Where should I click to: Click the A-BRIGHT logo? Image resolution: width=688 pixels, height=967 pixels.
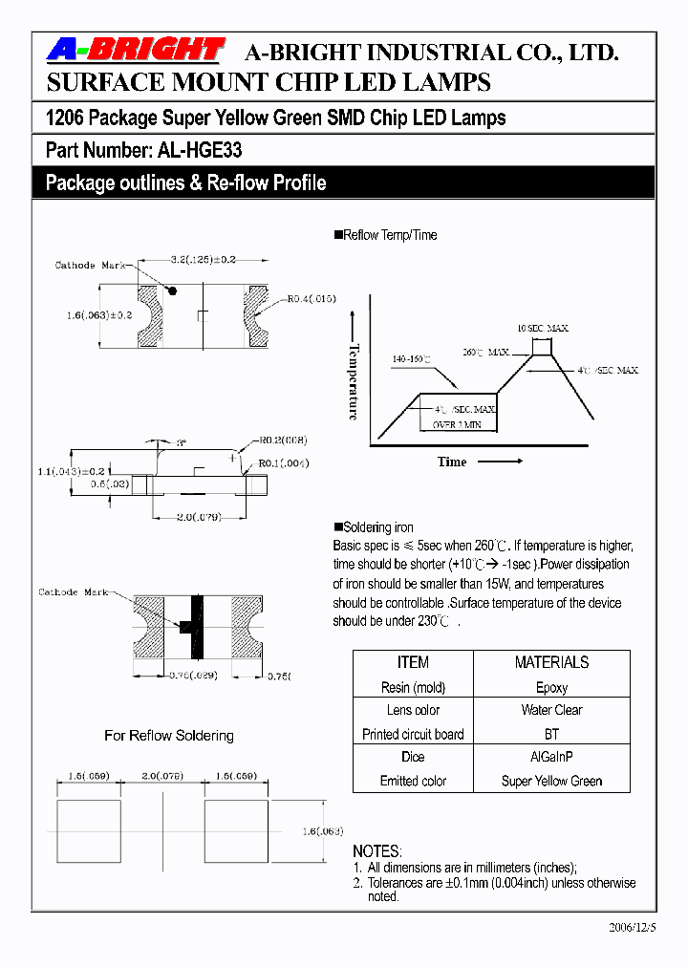click(x=135, y=52)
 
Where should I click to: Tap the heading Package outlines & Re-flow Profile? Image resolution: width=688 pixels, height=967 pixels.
click(x=186, y=183)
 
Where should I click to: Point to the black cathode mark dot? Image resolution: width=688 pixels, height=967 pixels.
click(x=174, y=289)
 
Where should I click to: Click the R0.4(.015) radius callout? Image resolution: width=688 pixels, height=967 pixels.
click(x=312, y=299)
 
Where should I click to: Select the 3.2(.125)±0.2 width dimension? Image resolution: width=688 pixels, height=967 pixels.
click(x=203, y=260)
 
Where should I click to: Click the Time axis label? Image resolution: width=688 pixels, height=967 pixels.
click(x=452, y=462)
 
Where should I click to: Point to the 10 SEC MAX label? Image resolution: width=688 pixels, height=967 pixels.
click(x=543, y=329)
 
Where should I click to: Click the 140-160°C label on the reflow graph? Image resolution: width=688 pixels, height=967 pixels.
click(x=411, y=359)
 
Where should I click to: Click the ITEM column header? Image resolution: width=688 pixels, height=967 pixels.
click(x=413, y=662)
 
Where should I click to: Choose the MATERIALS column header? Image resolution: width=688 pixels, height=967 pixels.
click(x=551, y=662)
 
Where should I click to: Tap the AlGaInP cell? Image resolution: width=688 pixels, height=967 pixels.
click(x=551, y=757)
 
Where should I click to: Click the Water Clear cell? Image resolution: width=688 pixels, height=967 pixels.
click(x=551, y=710)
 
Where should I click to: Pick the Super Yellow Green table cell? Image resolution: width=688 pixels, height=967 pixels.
click(x=551, y=781)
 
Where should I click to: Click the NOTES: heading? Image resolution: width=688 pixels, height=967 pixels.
click(x=377, y=850)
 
